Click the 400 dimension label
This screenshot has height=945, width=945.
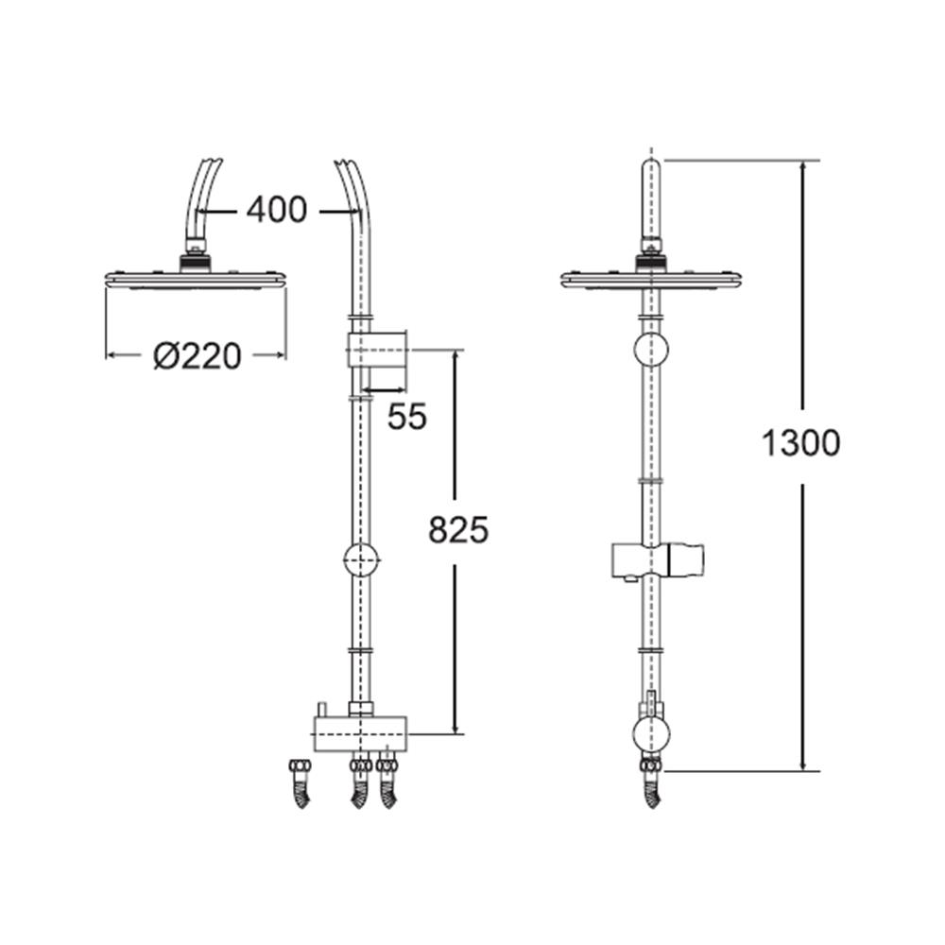(276, 210)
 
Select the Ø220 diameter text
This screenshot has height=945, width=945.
(197, 356)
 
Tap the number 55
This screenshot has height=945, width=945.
(407, 416)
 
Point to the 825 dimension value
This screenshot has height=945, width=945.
(458, 531)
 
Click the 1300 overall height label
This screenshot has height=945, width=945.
(800, 442)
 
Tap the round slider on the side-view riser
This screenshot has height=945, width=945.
(360, 560)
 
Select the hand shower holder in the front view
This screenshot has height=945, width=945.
(658, 559)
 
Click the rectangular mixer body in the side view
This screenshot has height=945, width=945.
(360, 731)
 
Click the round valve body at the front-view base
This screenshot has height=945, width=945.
(650, 733)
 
